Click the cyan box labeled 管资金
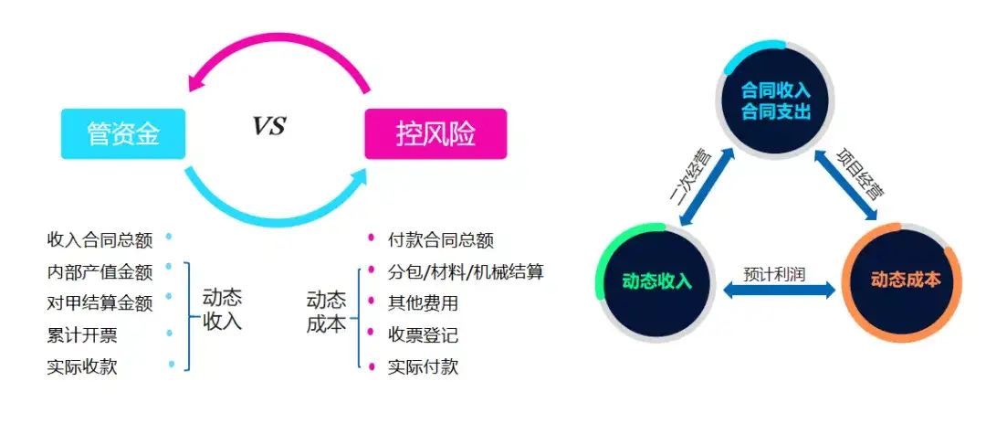coord(123,134)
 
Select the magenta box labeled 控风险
coord(435,134)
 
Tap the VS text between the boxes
coord(269,126)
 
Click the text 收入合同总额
coord(100,240)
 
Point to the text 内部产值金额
coord(100,272)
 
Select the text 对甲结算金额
coord(100,303)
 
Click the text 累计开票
coord(82,335)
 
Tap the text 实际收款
coord(82,367)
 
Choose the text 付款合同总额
coord(441,240)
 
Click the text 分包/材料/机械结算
coord(466,272)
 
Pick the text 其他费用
coord(424,303)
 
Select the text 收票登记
coord(424,335)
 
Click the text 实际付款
coord(424,367)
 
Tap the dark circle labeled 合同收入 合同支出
coord(776,100)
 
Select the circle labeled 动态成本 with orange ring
coord(907,280)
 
